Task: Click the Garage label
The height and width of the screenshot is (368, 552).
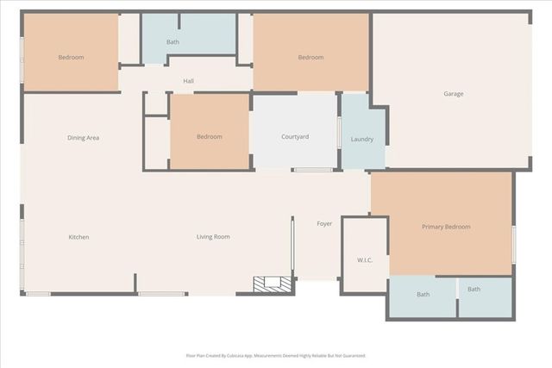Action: (454, 94)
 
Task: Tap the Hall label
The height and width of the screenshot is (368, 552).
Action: (188, 82)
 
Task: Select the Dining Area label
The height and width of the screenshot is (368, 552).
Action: (84, 138)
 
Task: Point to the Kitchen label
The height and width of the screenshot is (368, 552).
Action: (79, 237)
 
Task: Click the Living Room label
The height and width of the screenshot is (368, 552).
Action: (212, 237)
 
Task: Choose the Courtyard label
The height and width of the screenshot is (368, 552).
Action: (295, 137)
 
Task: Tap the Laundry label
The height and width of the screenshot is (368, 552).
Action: (362, 139)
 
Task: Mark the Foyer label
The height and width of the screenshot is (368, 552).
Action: (324, 224)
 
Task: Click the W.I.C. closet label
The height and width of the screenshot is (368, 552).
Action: (364, 259)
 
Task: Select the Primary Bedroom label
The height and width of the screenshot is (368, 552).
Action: (446, 227)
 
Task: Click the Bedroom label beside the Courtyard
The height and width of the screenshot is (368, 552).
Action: (209, 137)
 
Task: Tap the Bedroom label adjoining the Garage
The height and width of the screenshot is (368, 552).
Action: (310, 58)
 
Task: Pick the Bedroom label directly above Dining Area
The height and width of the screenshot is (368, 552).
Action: (71, 58)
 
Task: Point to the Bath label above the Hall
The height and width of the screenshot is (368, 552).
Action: (172, 42)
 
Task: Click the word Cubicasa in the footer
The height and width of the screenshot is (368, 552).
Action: (232, 355)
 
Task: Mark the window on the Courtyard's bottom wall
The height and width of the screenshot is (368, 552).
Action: (312, 170)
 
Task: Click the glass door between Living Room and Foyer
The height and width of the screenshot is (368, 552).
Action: (293, 247)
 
